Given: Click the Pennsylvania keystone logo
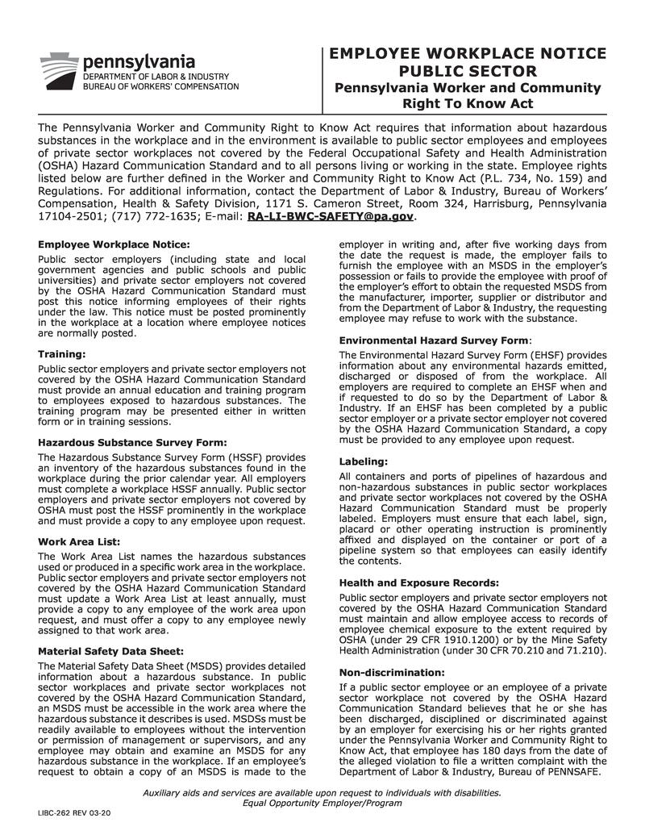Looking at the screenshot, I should (58, 72).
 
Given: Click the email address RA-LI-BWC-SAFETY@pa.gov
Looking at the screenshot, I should (331, 217).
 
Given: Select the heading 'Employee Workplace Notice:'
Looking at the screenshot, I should (114, 244).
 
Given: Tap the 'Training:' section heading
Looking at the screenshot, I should (61, 353).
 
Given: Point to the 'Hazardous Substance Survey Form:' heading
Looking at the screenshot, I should (132, 441).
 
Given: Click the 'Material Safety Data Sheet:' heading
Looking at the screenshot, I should (110, 650).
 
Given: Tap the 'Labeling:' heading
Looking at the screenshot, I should (364, 461).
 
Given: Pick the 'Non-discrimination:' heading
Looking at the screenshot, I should (392, 672).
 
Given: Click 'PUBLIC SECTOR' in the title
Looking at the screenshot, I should (468, 71).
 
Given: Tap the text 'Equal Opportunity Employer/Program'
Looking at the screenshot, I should (322, 803).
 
